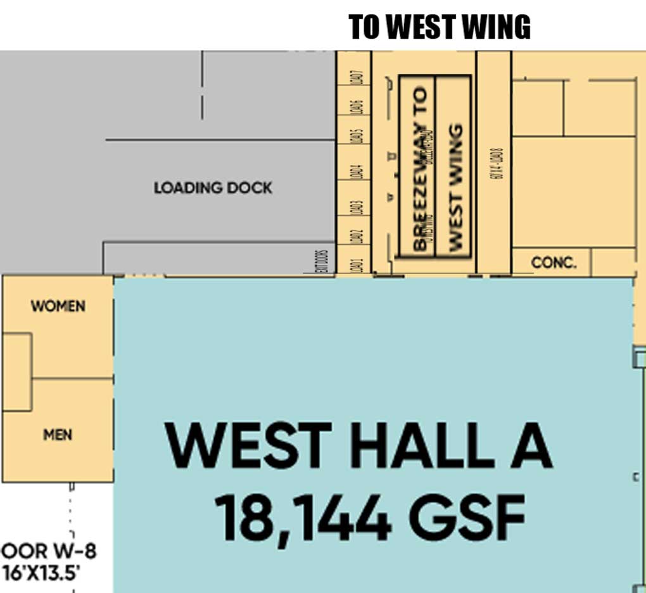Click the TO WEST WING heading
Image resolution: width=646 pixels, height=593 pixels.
(440, 27)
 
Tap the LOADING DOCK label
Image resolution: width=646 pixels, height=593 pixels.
(213, 188)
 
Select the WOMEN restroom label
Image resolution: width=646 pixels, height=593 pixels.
(58, 306)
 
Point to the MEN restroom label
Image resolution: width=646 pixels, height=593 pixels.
(58, 435)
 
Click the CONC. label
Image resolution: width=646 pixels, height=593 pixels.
(554, 262)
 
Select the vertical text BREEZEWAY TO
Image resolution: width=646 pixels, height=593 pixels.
(419, 168)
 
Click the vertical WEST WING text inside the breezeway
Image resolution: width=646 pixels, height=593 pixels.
(453, 187)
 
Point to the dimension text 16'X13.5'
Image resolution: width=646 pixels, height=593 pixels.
(41, 572)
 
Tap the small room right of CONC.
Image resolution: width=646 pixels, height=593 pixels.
(613, 262)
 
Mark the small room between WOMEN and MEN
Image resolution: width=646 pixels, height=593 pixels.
(16, 372)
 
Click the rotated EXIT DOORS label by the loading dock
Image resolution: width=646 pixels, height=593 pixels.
(322, 260)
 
